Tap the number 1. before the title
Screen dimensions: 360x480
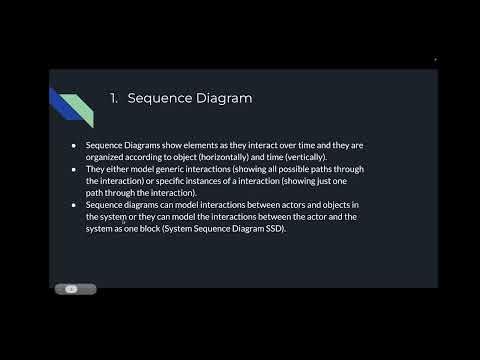pyautogui.click(x=115, y=98)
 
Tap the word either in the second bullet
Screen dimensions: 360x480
pyautogui.click(x=113, y=169)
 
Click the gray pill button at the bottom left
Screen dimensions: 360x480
pyautogui.click(x=75, y=289)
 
